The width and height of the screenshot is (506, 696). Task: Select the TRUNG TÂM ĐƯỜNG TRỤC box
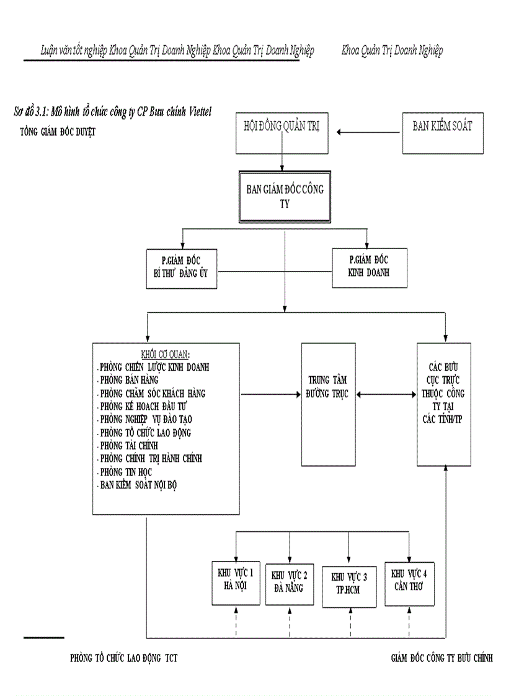click(x=328, y=403)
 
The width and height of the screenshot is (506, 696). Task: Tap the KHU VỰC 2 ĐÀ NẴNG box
click(x=288, y=580)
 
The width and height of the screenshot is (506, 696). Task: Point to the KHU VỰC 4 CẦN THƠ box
click(x=409, y=579)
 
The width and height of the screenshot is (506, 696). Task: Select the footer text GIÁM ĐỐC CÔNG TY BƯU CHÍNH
click(x=442, y=658)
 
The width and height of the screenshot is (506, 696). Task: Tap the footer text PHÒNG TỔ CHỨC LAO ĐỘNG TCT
click(x=123, y=658)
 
